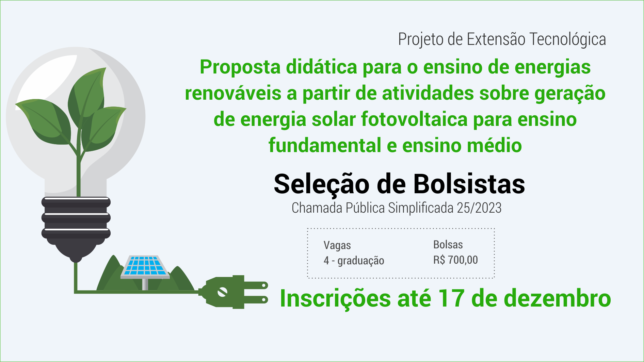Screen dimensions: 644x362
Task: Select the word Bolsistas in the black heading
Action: (x=469, y=184)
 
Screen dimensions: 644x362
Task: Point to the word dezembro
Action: (x=557, y=298)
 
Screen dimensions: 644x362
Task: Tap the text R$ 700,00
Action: (x=455, y=260)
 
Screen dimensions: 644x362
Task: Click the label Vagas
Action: (x=337, y=246)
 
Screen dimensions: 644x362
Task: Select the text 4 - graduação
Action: (x=354, y=261)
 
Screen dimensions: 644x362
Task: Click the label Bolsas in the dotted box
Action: (x=448, y=245)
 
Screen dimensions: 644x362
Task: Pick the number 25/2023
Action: (x=479, y=208)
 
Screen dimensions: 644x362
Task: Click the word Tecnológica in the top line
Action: (x=568, y=39)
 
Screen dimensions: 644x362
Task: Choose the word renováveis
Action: (x=233, y=94)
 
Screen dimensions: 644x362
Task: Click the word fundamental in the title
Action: (x=325, y=146)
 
